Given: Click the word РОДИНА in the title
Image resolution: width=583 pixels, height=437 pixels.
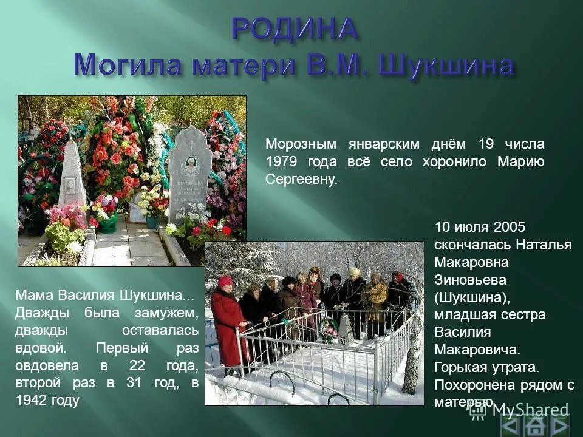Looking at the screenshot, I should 294,29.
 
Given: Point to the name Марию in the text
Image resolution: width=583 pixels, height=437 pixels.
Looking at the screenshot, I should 520,162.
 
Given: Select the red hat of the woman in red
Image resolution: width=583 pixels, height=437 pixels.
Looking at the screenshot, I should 225,282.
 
